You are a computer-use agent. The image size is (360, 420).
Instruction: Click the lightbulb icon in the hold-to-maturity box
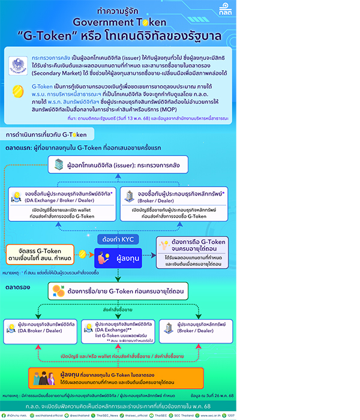point(163,244)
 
